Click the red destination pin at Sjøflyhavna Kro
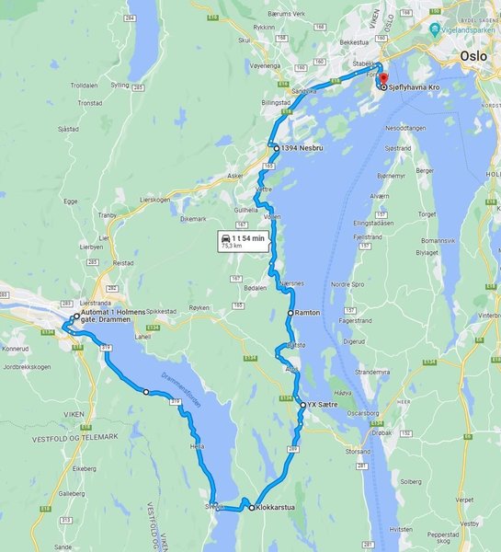click(x=383, y=79)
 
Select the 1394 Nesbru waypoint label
click(x=301, y=147)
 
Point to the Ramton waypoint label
click(x=308, y=313)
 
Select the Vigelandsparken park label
click(x=469, y=29)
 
